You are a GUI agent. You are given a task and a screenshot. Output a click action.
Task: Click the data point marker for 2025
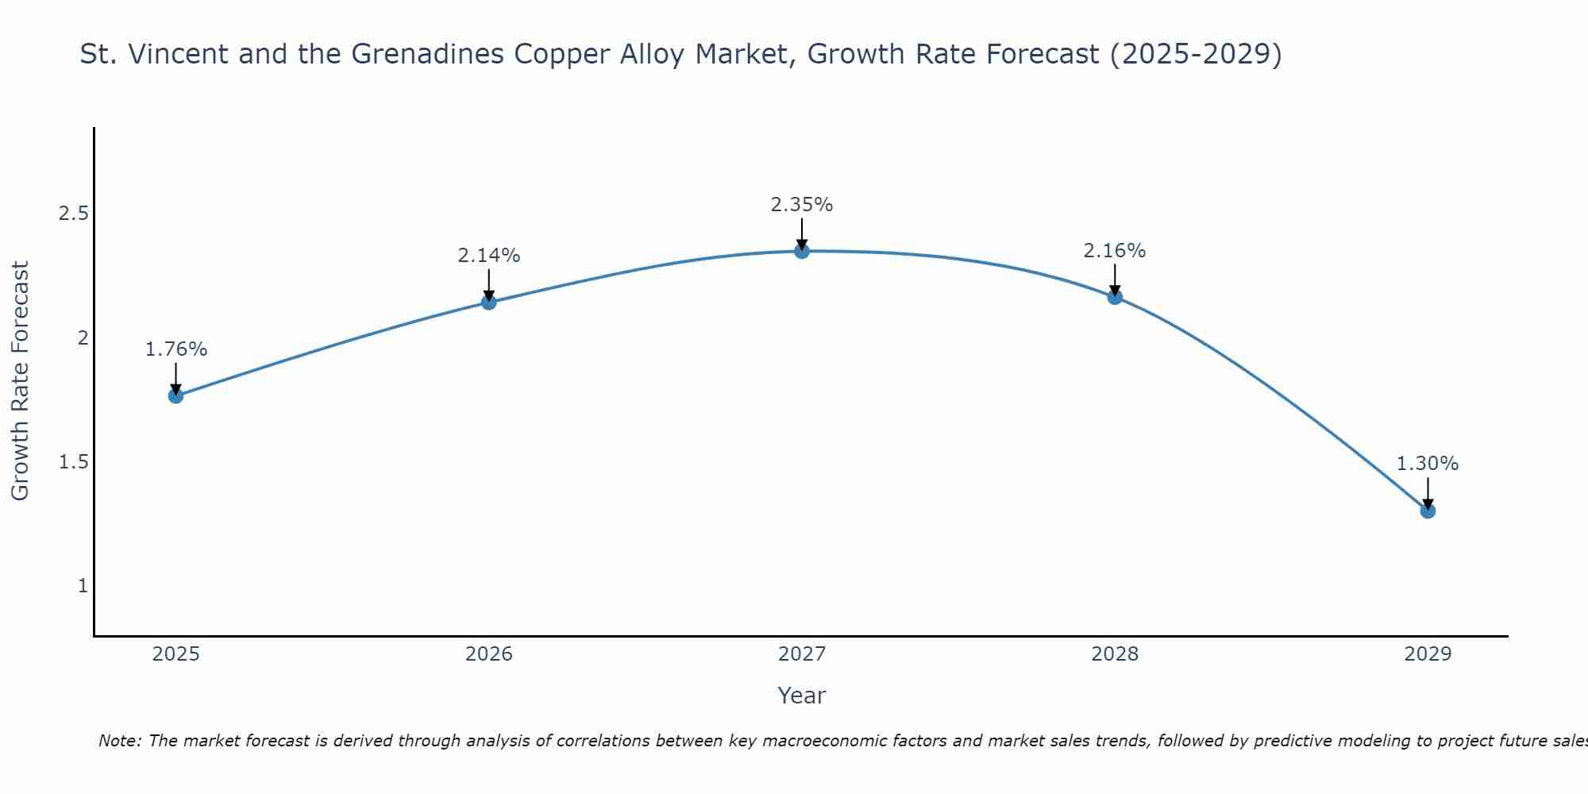pos(175,395)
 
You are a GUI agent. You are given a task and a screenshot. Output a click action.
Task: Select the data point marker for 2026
pos(488,302)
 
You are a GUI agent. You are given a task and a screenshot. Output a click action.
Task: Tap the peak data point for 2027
pos(802,251)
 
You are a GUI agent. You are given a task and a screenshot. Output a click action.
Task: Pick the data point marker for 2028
pos(1115,297)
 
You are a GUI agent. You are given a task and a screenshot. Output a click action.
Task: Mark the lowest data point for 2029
pos(1428,511)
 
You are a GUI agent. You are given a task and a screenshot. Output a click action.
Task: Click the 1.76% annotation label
pos(175,349)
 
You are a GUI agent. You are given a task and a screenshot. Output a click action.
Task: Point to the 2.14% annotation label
pos(488,256)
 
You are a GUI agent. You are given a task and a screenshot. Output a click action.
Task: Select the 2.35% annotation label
pos(802,205)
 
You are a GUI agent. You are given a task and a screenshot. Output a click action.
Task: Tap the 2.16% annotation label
pos(1115,251)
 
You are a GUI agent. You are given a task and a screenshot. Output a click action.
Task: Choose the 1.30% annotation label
pos(1428,464)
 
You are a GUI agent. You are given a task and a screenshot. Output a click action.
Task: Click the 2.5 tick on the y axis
pos(73,214)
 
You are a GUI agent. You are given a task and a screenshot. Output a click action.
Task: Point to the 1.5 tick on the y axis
pos(73,462)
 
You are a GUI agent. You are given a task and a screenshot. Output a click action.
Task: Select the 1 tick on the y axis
pos(83,586)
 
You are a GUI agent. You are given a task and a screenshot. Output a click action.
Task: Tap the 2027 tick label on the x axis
pos(802,654)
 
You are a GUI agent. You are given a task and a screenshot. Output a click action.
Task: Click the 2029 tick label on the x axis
pos(1428,654)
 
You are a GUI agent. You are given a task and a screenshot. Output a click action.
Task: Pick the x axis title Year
pos(802,696)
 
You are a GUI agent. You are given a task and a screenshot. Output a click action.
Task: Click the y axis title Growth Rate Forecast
pos(20,381)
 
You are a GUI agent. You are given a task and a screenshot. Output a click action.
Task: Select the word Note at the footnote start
pos(119,741)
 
